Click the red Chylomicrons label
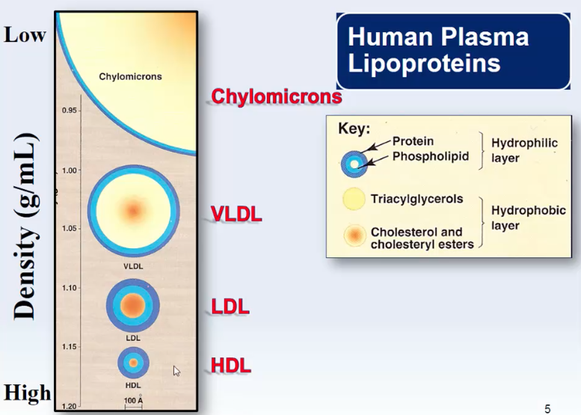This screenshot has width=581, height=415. [x=276, y=96]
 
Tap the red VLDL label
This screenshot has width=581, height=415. [x=236, y=214]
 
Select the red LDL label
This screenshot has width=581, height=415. [x=230, y=307]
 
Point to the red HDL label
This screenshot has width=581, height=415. [x=230, y=366]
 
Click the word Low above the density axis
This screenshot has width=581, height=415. [x=25, y=34]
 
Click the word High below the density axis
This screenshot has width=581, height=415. [x=28, y=393]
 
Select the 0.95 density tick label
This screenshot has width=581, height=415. [x=70, y=111]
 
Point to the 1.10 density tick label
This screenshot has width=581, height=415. [x=70, y=288]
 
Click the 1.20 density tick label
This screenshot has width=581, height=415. [x=70, y=406]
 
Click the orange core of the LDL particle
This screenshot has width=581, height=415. [x=132, y=305]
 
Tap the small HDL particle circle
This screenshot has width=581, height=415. [x=133, y=363]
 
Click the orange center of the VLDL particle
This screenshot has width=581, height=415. [x=132, y=210]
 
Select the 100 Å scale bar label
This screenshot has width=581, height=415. [x=133, y=402]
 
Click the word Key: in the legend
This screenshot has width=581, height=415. [x=354, y=128]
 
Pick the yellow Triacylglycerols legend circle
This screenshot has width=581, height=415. [x=353, y=200]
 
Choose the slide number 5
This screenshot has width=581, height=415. [x=547, y=408]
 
